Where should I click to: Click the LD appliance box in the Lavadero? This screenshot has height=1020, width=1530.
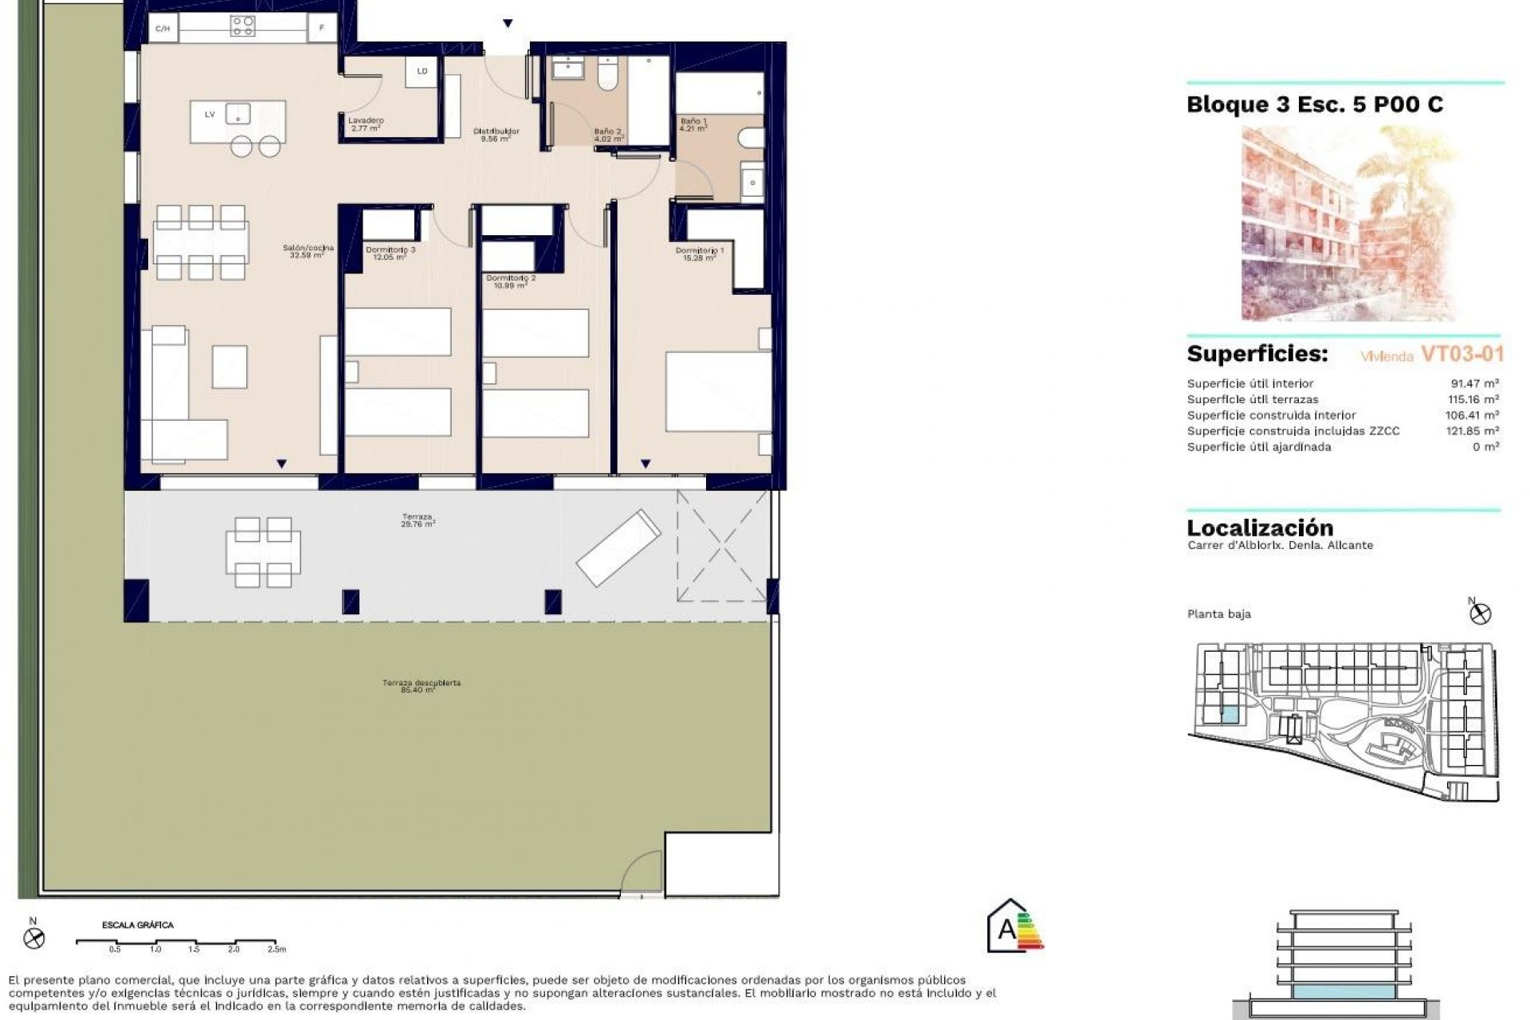tap(422, 71)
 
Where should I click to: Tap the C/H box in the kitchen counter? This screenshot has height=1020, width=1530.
tap(163, 29)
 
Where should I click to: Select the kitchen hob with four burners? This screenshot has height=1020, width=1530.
tap(242, 27)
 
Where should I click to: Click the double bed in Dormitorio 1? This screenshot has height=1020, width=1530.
tap(717, 391)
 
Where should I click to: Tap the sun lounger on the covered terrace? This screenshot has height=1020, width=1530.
tap(618, 547)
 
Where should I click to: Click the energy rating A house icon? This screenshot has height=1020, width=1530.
tap(1007, 928)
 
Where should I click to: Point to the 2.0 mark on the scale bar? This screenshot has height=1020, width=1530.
tap(233, 949)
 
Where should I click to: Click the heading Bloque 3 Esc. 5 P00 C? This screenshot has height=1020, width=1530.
tap(1314, 104)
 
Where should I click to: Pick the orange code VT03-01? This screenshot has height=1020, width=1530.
tap(1462, 354)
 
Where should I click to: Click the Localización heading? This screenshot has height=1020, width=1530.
tap(1259, 528)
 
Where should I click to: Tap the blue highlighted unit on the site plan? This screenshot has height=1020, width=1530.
tap(1230, 715)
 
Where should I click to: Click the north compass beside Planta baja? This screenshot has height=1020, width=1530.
tap(1480, 613)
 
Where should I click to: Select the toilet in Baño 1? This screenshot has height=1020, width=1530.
tap(750, 138)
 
